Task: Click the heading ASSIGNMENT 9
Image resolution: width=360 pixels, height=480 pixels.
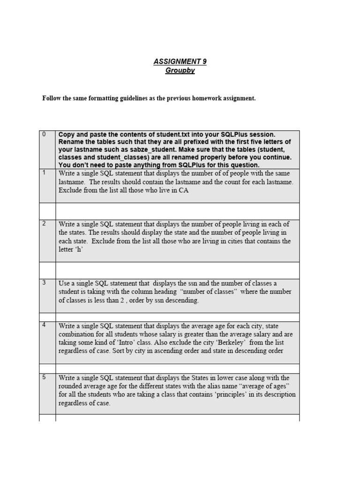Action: pos(180,61)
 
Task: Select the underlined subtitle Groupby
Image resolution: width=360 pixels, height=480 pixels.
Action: pos(180,70)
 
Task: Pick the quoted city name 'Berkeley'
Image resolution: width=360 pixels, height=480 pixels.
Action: pos(226,342)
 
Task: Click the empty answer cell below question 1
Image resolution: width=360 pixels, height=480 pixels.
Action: pos(177,211)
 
